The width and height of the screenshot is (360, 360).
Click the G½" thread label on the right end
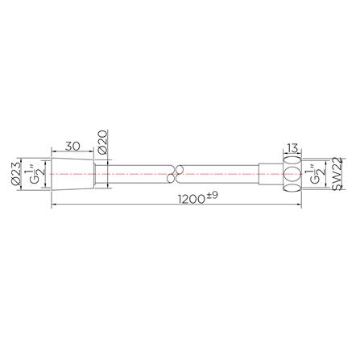point(315,173)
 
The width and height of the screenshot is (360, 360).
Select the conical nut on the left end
point(73,173)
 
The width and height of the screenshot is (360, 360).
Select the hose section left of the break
point(137,173)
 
